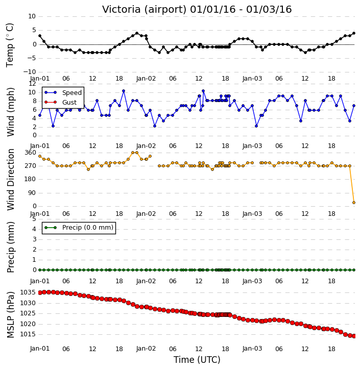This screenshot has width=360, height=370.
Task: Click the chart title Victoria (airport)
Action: [145, 10]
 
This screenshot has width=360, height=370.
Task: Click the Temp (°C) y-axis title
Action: [10, 45]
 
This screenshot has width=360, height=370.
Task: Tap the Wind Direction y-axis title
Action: [11, 180]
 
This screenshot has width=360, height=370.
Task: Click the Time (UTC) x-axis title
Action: [197, 360]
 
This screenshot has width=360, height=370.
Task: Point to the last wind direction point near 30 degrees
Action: [354, 203]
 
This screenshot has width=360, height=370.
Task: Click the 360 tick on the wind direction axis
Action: [31, 153]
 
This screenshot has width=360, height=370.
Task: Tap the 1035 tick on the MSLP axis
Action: [28, 292]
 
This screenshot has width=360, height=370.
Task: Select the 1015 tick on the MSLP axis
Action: [28, 334]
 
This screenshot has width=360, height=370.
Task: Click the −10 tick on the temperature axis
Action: [29, 72]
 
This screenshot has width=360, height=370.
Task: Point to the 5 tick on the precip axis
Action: [34, 219]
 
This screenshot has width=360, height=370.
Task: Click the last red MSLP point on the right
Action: [354, 336]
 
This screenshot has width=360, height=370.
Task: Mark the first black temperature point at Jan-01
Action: [40, 36]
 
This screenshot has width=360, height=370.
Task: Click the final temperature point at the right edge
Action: [354, 33]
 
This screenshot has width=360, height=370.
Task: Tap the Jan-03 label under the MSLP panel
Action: [252, 349]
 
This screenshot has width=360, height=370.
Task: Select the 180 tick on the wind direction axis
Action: [31, 179]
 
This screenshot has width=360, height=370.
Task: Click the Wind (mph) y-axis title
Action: [11, 112]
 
